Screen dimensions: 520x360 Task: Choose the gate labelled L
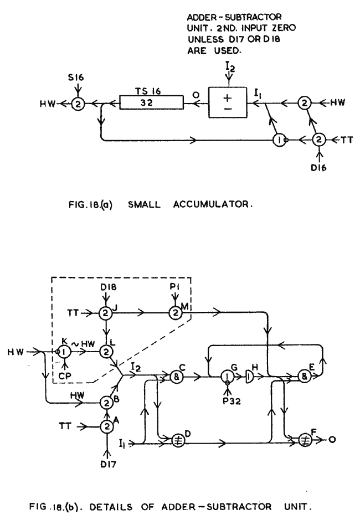point(106,351)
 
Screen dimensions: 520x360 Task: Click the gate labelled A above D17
point(106,426)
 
